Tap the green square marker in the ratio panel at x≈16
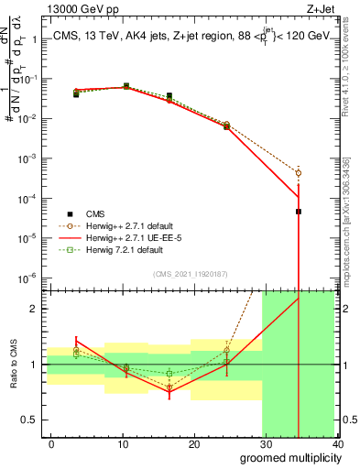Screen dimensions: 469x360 [169, 373]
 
